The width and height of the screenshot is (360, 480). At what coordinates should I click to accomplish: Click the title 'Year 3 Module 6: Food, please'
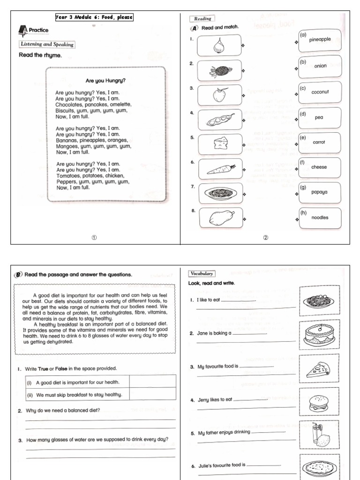pos(94,17)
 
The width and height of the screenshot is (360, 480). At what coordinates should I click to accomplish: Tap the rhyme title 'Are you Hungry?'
pos(105,80)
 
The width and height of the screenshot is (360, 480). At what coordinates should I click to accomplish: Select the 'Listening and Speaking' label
pos(47,45)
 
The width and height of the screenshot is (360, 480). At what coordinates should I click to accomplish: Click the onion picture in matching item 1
pos(219,45)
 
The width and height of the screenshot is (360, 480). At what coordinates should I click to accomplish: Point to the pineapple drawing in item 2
pos(219,71)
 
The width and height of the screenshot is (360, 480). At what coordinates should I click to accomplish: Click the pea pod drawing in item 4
pos(220,120)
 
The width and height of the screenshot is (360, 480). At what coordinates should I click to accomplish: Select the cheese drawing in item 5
pos(219,143)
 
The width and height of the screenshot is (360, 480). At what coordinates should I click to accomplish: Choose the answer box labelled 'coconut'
pos(320,92)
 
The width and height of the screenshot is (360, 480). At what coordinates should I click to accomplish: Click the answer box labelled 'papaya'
pos(320,192)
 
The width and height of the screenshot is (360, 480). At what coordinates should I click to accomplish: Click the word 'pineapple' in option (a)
pos(320,40)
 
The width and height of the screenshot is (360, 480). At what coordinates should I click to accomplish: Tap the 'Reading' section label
pos(201,19)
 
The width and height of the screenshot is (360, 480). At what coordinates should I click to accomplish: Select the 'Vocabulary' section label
pos(202,274)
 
